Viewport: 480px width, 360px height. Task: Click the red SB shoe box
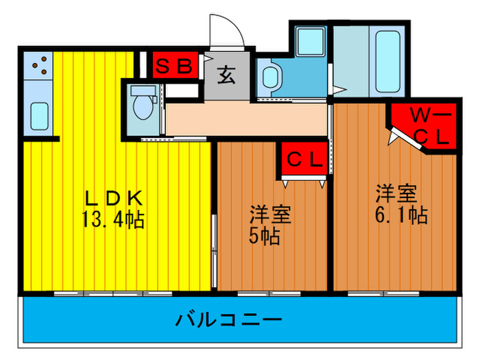click(176, 65)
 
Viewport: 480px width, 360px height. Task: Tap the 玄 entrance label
click(226, 75)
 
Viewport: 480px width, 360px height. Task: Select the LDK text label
click(114, 198)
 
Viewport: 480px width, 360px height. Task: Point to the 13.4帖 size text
click(113, 219)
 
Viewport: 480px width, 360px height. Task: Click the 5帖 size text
click(265, 236)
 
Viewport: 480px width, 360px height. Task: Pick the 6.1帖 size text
click(401, 215)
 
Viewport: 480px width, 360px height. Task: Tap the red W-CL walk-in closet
click(426, 126)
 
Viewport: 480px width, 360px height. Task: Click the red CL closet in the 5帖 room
click(304, 159)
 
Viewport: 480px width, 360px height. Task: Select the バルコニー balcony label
click(228, 320)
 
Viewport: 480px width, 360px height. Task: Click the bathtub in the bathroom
click(387, 61)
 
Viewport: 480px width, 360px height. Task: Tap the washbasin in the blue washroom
click(271, 77)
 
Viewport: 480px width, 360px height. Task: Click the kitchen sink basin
click(39, 117)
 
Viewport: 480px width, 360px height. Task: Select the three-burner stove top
click(38, 66)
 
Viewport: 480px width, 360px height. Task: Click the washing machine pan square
click(311, 42)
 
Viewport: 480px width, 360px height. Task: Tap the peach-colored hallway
click(246, 119)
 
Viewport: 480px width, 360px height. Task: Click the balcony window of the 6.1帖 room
click(383, 294)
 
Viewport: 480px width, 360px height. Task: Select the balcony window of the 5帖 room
click(269, 294)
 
